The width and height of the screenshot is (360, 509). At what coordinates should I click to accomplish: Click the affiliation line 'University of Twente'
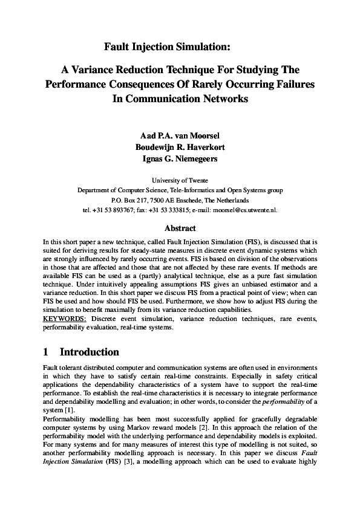180,180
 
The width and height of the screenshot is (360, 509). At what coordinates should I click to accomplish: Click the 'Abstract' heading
180,229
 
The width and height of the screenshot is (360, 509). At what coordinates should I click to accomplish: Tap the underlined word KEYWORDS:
65,319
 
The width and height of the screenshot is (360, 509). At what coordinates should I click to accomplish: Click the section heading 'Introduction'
90,352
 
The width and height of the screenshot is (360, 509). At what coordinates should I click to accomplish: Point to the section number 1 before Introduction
47,352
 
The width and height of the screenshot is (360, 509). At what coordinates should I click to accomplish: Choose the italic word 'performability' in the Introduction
289,401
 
